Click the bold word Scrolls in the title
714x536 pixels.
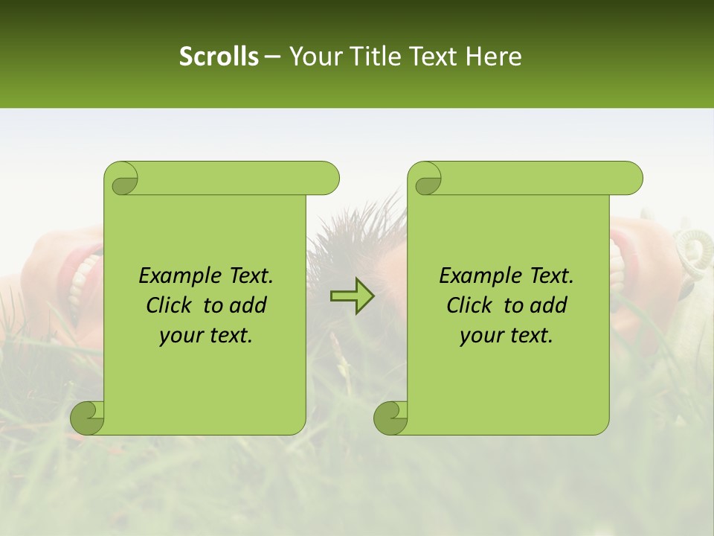(x=219, y=57)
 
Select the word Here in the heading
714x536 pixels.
(x=493, y=57)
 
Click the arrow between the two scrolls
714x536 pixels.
(x=353, y=296)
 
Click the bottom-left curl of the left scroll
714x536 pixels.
(x=88, y=418)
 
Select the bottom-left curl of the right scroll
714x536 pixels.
(x=391, y=418)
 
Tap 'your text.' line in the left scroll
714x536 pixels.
(x=205, y=336)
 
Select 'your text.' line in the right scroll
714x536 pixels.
(x=506, y=336)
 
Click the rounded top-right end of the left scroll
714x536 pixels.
(x=327, y=179)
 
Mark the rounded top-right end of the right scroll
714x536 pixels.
(x=631, y=179)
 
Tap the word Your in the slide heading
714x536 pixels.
(x=312, y=57)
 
